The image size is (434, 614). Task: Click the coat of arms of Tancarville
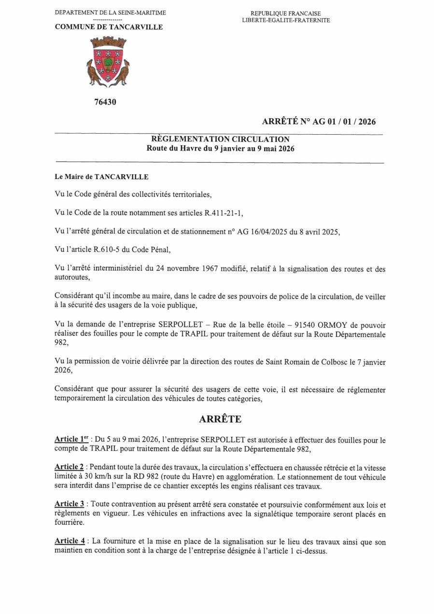click(108, 62)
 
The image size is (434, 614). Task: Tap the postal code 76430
click(105, 102)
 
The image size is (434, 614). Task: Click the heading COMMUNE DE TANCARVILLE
click(109, 27)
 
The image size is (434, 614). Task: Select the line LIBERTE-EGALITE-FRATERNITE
click(286, 20)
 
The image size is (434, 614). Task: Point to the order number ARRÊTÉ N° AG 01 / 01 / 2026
click(319, 122)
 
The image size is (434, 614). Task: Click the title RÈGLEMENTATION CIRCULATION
click(221, 140)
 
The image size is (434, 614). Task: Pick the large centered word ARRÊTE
click(220, 419)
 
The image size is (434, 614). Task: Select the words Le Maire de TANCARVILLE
click(102, 177)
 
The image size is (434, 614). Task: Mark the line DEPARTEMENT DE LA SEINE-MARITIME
click(111, 12)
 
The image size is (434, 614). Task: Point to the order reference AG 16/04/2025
click(261, 232)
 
